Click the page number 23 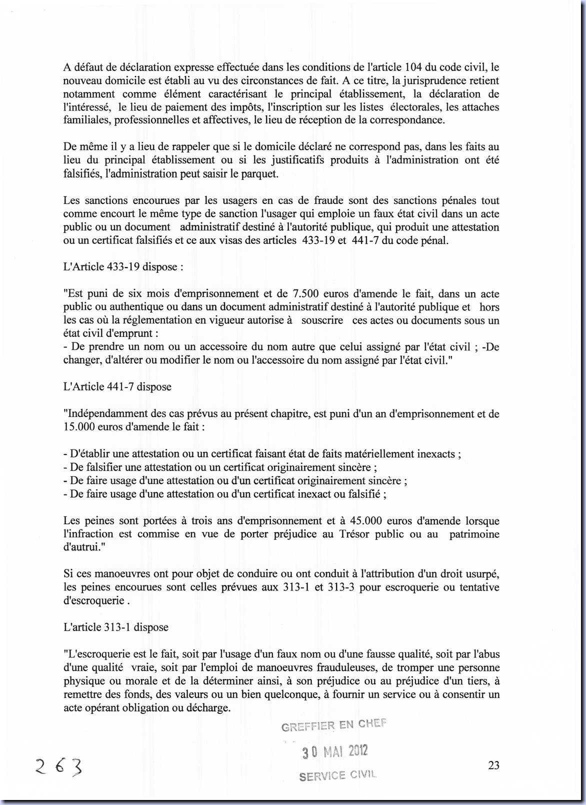pos(493,765)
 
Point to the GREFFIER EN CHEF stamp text pos(333,725)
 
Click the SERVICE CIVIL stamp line pos(337,775)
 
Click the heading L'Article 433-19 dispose pos(123,266)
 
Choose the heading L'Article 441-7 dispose pos(117,386)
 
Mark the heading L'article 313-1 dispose pos(116,627)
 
